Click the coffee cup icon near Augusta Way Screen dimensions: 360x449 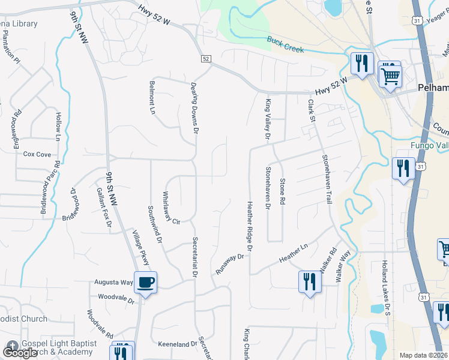pyautogui.click(x=145, y=282)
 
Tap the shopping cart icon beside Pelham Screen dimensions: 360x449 pyautogui.click(x=390, y=76)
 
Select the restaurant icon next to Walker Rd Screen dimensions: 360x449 pyautogui.click(x=309, y=282)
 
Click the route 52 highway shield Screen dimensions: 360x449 pyautogui.click(x=206, y=59)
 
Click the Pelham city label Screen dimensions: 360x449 pyautogui.click(x=433, y=88)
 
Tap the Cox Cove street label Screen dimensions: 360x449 pyautogui.click(x=37, y=154)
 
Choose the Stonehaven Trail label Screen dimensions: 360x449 pyautogui.click(x=327, y=179)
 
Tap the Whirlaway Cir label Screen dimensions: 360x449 pyautogui.click(x=171, y=208)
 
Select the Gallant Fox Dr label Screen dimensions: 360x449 pyautogui.click(x=104, y=207)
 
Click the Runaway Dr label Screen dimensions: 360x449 pyautogui.click(x=231, y=265)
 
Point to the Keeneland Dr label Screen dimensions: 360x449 pyautogui.click(x=178, y=344)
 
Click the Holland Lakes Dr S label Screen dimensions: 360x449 pyautogui.click(x=387, y=287)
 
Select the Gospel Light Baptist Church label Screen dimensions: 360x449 pyautogui.click(x=56, y=348)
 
